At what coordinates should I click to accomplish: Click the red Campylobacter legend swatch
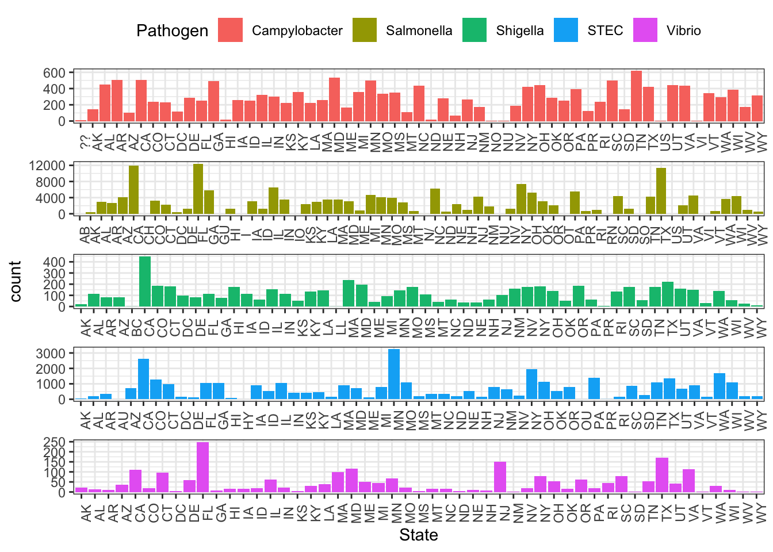(x=231, y=30)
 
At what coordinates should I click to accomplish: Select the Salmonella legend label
(x=419, y=30)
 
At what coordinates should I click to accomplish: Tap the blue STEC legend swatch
(x=566, y=30)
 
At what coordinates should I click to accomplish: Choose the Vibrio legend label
(x=683, y=30)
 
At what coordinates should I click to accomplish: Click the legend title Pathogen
(x=172, y=30)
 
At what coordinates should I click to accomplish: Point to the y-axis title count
(x=16, y=281)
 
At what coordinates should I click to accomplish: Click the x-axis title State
(x=419, y=535)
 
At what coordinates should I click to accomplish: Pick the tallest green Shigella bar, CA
(x=145, y=282)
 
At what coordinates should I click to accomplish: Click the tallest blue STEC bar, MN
(x=394, y=374)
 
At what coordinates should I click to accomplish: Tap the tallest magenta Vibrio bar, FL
(x=202, y=467)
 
